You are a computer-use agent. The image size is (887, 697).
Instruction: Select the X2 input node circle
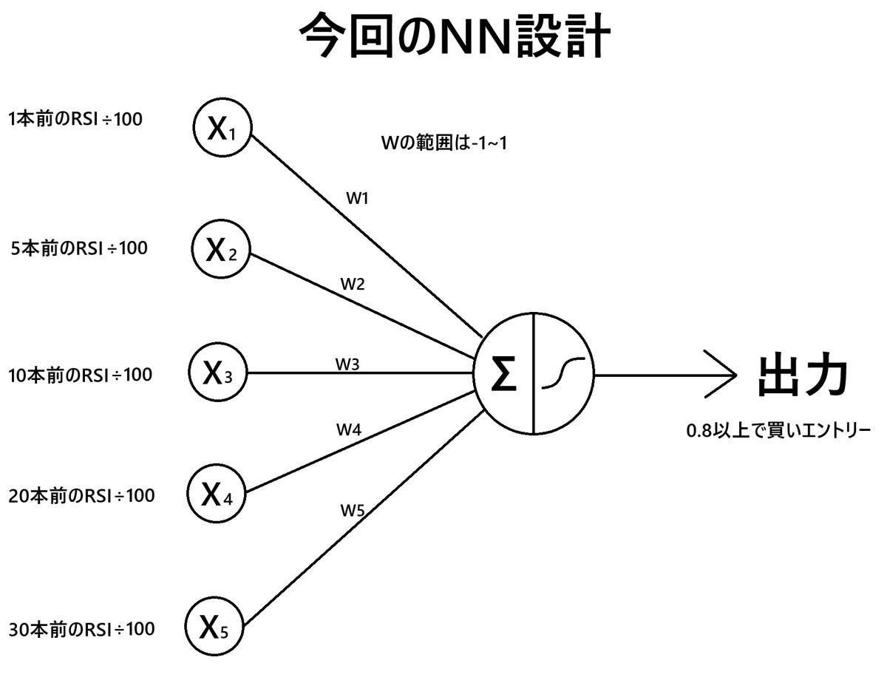[x=220, y=251]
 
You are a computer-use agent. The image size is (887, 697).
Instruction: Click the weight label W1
[x=357, y=198]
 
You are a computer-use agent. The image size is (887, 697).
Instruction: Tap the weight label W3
[x=347, y=364]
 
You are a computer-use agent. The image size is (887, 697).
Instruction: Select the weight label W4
[x=349, y=429]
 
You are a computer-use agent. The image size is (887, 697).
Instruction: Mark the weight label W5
[x=353, y=509]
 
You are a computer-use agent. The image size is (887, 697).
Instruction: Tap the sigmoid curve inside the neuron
[x=563, y=375]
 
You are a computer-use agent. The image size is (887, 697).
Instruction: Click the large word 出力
[x=802, y=376]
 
